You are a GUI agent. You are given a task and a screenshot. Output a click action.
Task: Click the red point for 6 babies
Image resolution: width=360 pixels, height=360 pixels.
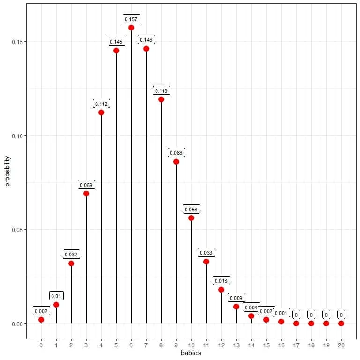(x=131, y=28)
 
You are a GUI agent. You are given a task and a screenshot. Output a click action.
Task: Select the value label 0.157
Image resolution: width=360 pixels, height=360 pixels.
(x=131, y=19)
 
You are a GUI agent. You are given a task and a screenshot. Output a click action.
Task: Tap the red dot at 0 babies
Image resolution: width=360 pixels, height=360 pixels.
(x=41, y=320)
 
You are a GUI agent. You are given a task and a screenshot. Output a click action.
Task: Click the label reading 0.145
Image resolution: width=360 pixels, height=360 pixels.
(x=116, y=42)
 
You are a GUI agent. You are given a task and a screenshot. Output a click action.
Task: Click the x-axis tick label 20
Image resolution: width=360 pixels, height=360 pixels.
(x=341, y=345)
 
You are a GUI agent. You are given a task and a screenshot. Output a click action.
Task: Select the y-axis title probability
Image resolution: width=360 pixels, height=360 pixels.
(x=7, y=169)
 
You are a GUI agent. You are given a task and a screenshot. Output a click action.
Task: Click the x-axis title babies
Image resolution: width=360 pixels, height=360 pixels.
(x=191, y=353)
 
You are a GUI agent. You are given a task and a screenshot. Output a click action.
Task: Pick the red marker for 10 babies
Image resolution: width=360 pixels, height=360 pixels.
(x=191, y=218)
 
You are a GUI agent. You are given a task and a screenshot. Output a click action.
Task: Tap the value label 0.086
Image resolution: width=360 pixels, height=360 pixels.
(x=176, y=153)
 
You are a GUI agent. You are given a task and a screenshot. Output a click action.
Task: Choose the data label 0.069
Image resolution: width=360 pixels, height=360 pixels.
(x=86, y=185)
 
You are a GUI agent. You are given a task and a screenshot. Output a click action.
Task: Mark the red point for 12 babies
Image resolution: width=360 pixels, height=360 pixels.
(x=221, y=290)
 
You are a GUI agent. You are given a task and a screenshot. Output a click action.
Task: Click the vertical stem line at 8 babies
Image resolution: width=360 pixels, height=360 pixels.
(x=161, y=211)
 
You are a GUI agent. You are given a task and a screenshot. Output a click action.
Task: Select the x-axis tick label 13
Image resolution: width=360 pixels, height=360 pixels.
(x=236, y=345)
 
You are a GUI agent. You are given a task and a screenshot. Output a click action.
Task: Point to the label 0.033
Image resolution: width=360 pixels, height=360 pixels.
(x=206, y=253)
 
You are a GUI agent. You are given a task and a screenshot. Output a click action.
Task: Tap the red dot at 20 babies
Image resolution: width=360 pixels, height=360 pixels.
(x=341, y=323)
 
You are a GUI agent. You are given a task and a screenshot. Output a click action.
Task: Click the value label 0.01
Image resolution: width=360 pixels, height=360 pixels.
(x=56, y=296)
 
